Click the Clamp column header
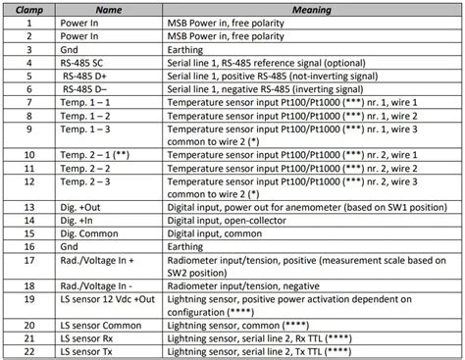click(29, 9)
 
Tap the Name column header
click(107, 9)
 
